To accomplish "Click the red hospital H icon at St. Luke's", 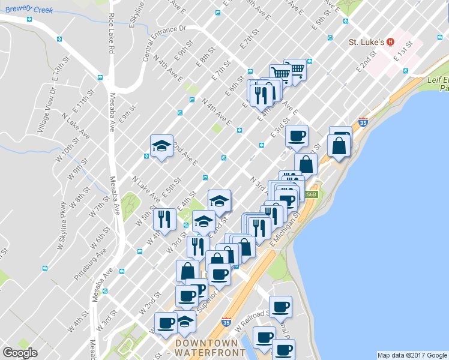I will [390, 42].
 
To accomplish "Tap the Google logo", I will [20, 353].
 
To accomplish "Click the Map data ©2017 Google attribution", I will [412, 355].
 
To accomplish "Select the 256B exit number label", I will [310, 194].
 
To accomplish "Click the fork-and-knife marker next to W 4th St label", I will [164, 219].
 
